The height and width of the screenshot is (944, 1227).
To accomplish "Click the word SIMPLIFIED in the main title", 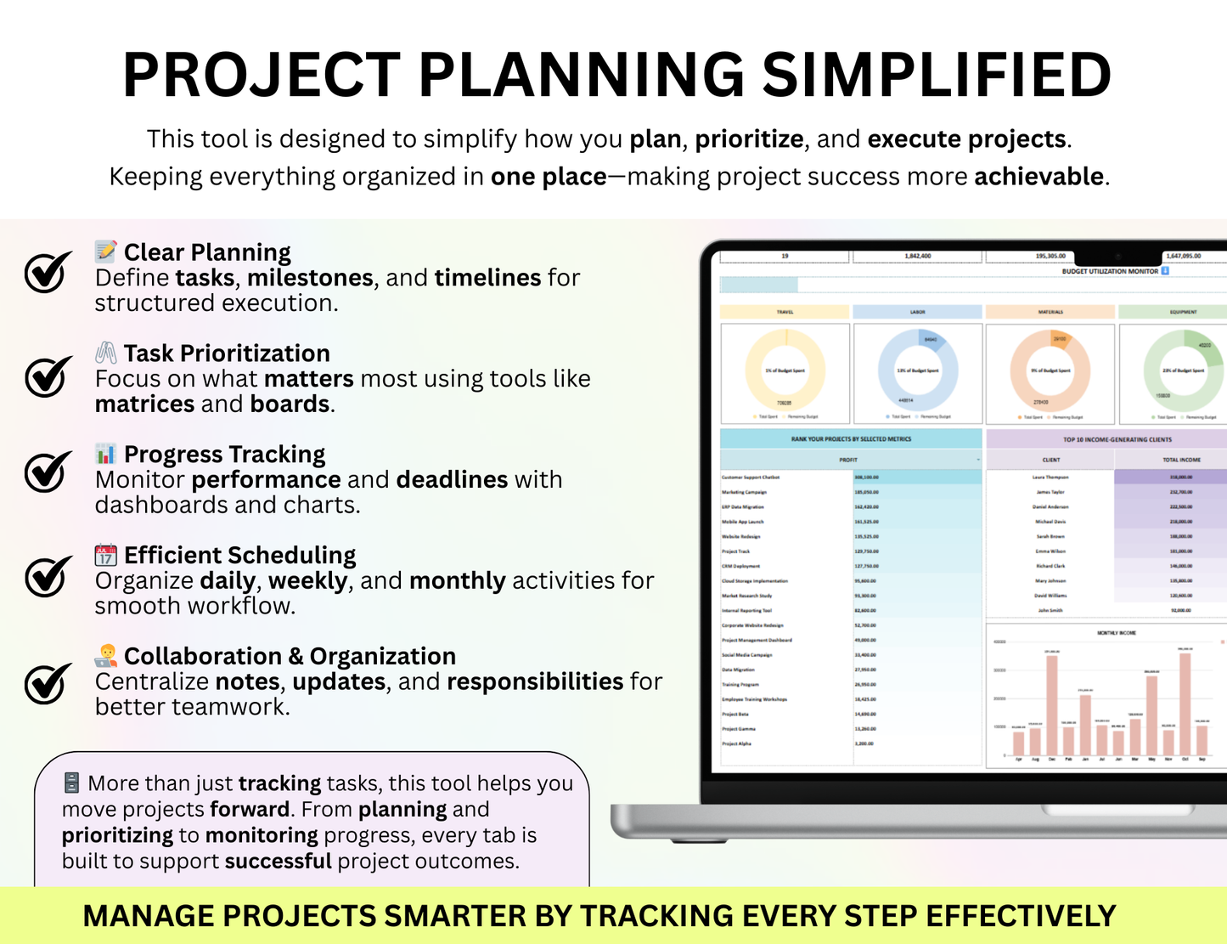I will click(x=937, y=76).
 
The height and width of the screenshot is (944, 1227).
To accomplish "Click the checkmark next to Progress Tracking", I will click(x=48, y=472).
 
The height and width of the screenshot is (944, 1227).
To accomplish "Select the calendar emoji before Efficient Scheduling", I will click(x=105, y=555).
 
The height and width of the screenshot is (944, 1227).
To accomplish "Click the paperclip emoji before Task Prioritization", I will click(x=105, y=353).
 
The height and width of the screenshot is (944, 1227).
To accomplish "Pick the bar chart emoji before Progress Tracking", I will click(x=105, y=453).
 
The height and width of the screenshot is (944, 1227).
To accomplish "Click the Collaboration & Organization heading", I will click(x=290, y=656).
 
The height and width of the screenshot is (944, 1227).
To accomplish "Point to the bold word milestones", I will click(x=310, y=278).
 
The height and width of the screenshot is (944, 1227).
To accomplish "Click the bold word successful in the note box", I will click(x=278, y=861).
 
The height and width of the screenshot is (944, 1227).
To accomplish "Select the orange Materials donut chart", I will click(x=1050, y=371).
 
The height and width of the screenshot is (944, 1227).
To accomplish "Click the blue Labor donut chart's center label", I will click(x=918, y=371).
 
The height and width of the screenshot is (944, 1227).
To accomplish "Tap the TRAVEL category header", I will click(x=785, y=312).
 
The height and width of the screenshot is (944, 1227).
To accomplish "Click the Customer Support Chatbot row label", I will click(x=751, y=478).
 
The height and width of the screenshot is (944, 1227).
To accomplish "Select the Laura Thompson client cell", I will click(x=1050, y=478).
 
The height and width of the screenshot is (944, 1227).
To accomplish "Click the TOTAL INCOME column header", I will click(x=1181, y=460).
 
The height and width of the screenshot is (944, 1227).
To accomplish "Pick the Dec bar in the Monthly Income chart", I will click(x=1052, y=705).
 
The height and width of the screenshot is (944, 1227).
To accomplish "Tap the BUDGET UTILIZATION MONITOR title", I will click(x=1110, y=272).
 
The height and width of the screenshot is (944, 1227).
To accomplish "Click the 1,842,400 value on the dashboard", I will click(x=918, y=256).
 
